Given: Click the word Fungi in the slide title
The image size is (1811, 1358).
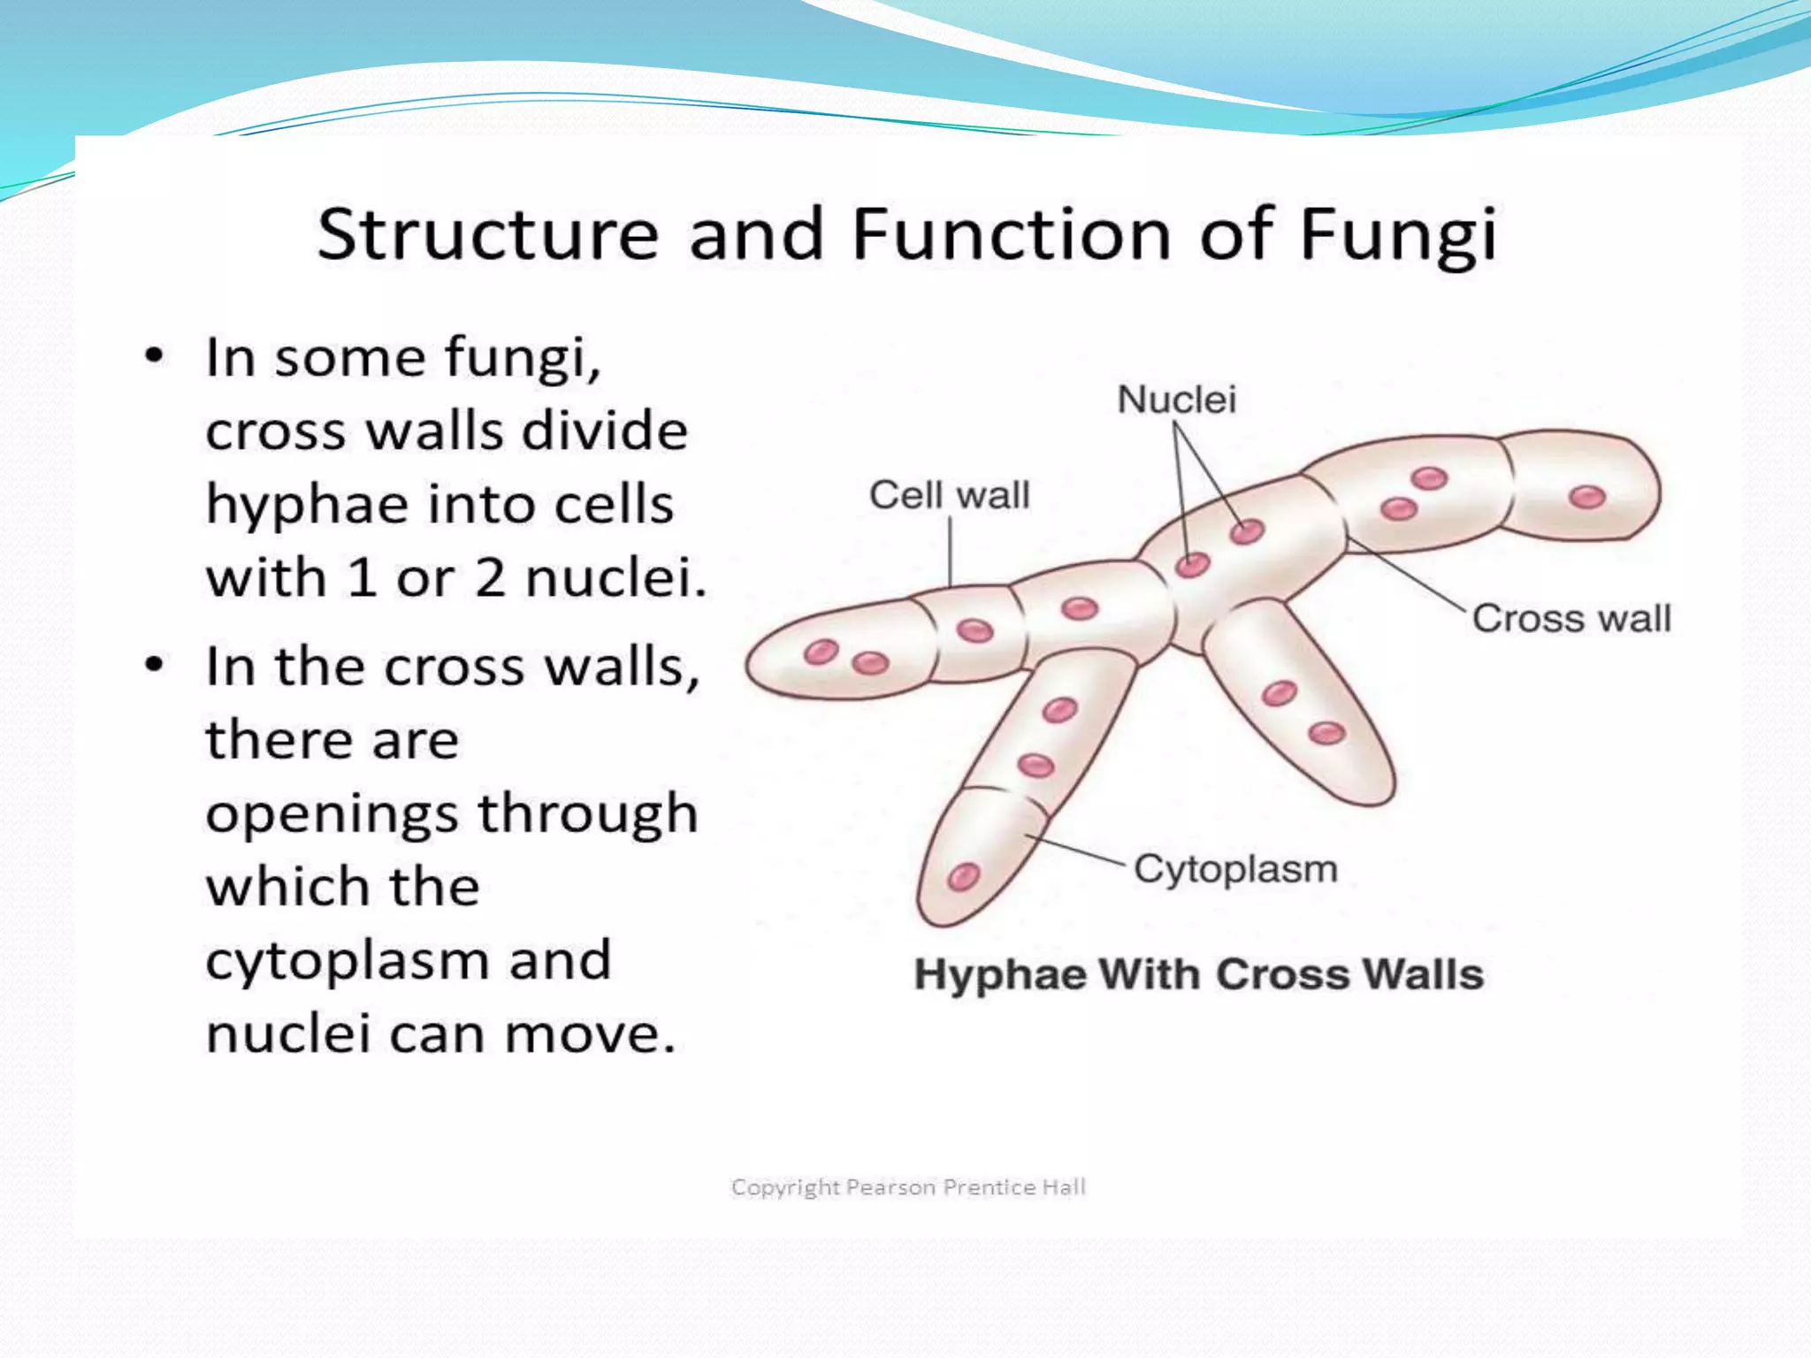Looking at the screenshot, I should point(1398,235).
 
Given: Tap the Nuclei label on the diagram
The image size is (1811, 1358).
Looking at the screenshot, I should point(1176,400).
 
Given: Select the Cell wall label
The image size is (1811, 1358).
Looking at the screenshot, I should point(949,495).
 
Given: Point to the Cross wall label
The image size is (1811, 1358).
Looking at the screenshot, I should point(1570,618).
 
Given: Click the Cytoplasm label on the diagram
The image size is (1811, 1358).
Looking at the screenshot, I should point(1235,869).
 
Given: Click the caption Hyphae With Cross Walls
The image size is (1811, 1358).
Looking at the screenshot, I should point(1198,974).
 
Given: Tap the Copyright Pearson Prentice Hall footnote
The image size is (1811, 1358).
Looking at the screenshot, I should point(908,1187).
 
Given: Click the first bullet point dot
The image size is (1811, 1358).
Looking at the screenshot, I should point(155,358).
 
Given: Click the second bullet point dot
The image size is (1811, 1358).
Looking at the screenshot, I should point(155,666).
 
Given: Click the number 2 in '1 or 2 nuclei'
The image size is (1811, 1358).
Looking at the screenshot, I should point(489,579).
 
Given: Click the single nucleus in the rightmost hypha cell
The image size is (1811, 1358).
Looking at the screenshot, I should point(1587,497).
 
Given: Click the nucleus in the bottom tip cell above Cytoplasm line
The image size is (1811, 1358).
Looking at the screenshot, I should point(963,876).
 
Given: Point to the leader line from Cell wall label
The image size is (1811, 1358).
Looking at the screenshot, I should point(950,553).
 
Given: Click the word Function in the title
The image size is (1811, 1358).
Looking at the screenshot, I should point(1011,235).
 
